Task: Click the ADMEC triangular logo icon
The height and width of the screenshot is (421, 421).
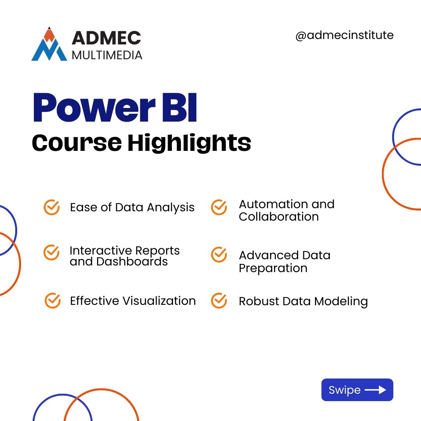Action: click(x=49, y=45)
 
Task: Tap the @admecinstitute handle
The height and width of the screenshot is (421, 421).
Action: click(x=344, y=35)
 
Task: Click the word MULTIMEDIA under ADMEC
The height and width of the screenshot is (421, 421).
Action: click(x=107, y=55)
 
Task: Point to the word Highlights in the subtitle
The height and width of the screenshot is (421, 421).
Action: click(x=189, y=143)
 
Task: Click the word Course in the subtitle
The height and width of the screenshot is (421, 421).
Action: click(x=76, y=143)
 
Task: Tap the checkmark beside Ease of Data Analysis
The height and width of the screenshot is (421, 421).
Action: click(x=51, y=207)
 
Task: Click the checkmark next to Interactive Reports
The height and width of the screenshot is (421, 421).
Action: click(x=51, y=253)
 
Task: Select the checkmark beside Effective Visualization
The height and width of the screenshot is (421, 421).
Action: click(x=52, y=301)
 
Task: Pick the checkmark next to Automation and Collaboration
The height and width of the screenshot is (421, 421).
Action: click(x=219, y=207)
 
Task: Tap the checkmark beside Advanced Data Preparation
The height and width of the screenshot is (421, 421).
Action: click(x=219, y=255)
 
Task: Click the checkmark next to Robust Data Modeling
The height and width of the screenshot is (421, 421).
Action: click(x=219, y=301)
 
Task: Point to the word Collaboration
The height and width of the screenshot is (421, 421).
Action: click(x=279, y=217)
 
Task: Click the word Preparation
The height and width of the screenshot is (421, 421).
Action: click(x=273, y=268)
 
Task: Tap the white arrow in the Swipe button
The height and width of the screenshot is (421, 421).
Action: click(x=375, y=390)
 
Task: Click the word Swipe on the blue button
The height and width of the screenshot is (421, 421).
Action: click(x=345, y=390)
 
